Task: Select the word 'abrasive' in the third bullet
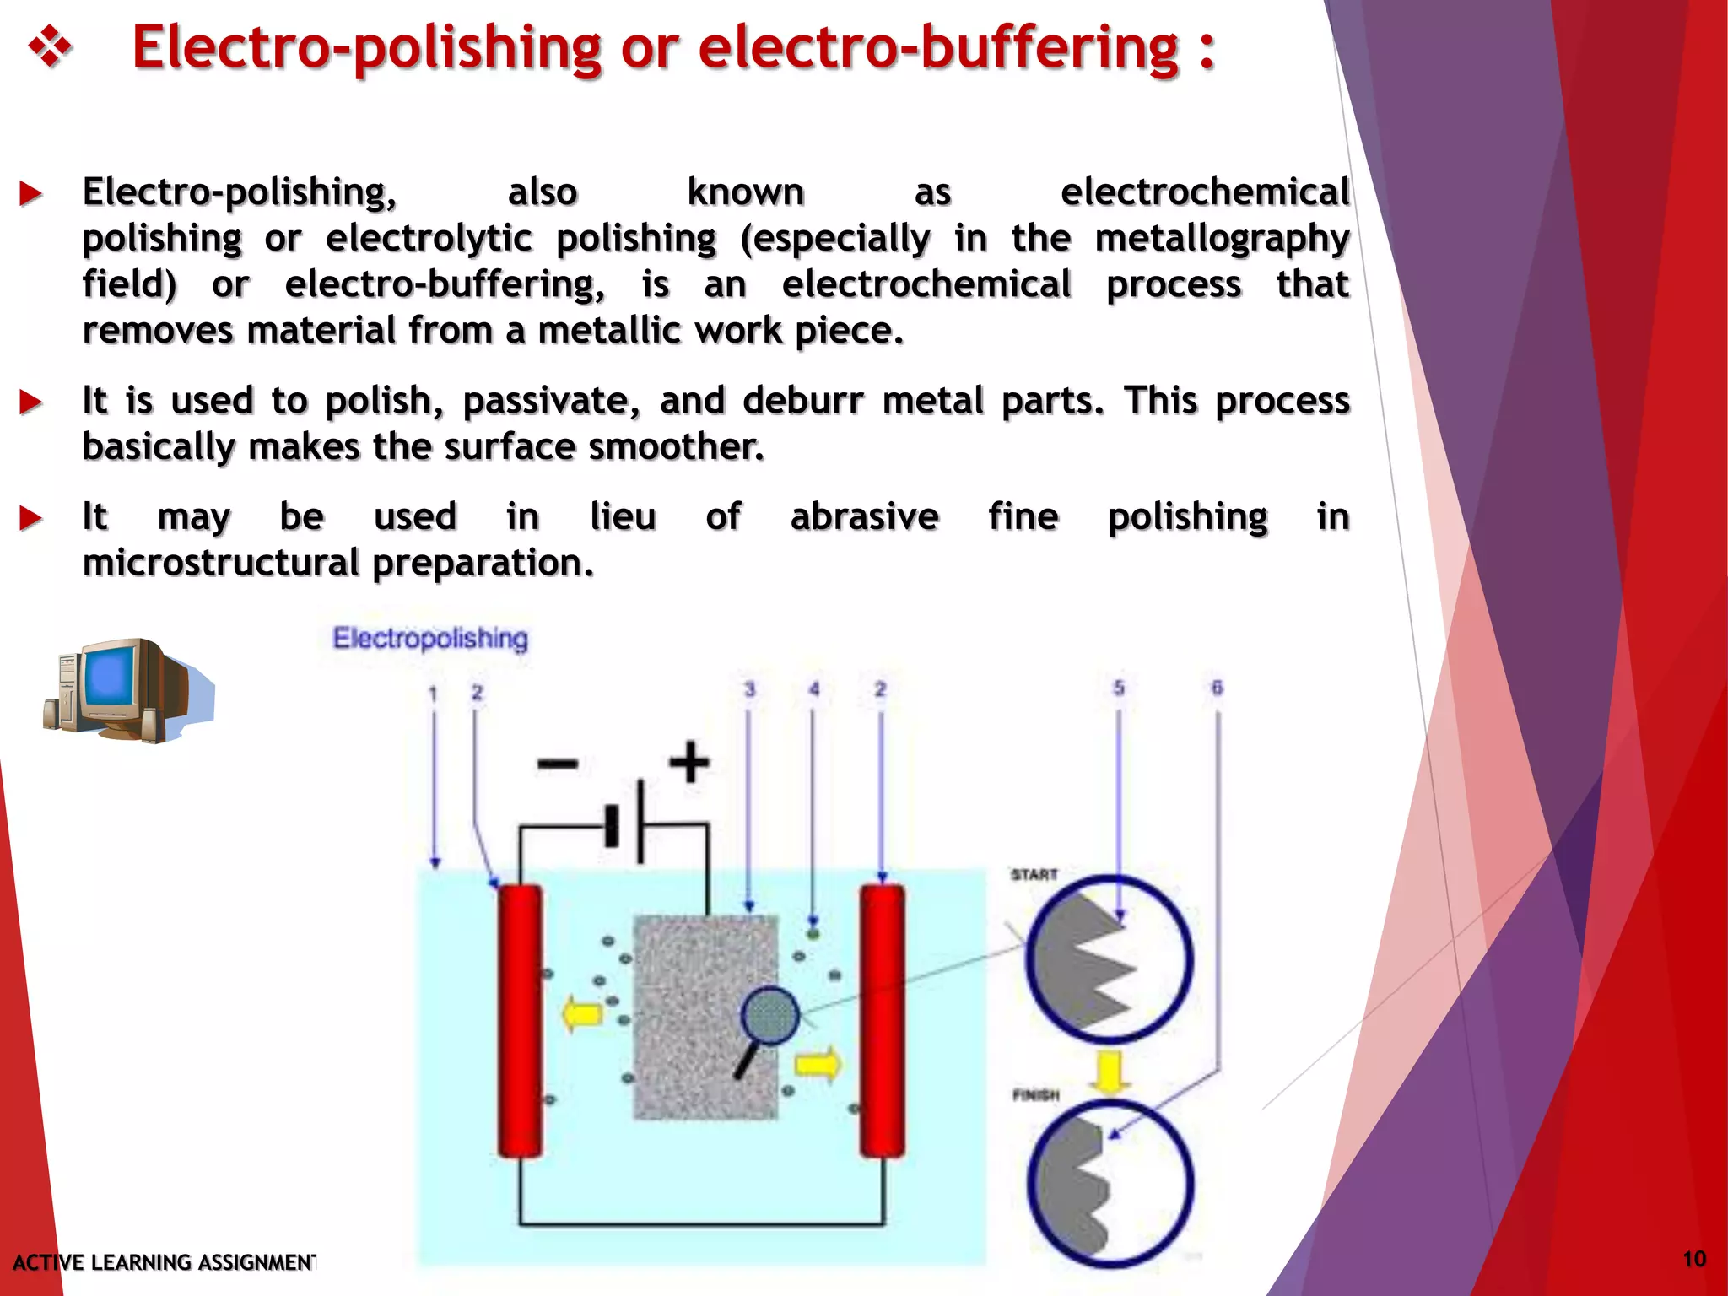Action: pyautogui.click(x=864, y=516)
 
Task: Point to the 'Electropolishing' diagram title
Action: pyautogui.click(x=430, y=639)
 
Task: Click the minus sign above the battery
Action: pyautogui.click(x=558, y=764)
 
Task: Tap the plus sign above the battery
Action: pyautogui.click(x=689, y=762)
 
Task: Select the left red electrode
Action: pyautogui.click(x=520, y=1021)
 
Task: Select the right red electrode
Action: pyautogui.click(x=883, y=1021)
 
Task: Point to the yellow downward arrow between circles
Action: pyautogui.click(x=1110, y=1072)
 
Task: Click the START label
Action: pyautogui.click(x=1034, y=875)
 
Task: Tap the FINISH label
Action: pyautogui.click(x=1036, y=1095)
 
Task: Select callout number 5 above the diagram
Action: pyautogui.click(x=1119, y=688)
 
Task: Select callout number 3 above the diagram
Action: pyautogui.click(x=749, y=689)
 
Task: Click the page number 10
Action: pyautogui.click(x=1694, y=1260)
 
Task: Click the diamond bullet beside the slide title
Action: pyautogui.click(x=50, y=47)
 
